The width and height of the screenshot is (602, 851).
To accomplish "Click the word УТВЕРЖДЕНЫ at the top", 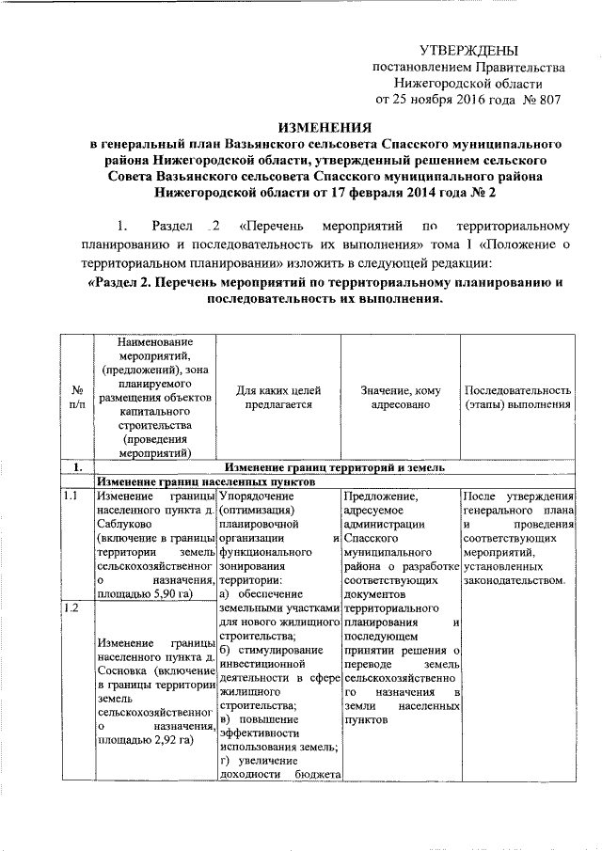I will (x=468, y=49).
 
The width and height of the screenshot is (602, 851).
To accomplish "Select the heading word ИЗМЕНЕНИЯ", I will (x=323, y=127).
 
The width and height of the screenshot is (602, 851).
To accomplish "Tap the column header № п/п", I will (x=75, y=397).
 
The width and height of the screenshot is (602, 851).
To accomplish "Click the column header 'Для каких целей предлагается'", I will (x=278, y=397).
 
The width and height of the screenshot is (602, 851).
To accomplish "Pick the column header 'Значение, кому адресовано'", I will (x=400, y=397).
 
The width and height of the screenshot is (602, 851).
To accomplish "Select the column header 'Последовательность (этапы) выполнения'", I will (x=517, y=397).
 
